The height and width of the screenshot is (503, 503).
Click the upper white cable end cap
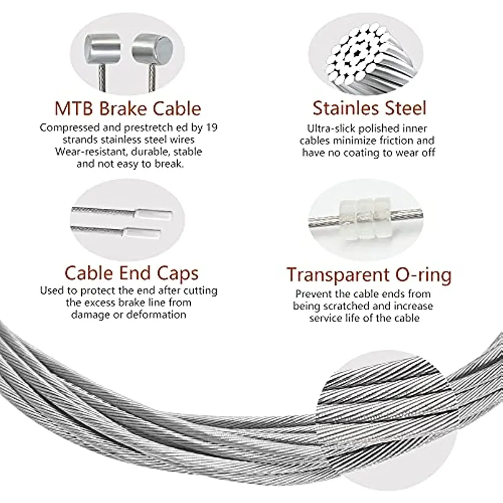(154, 215)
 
